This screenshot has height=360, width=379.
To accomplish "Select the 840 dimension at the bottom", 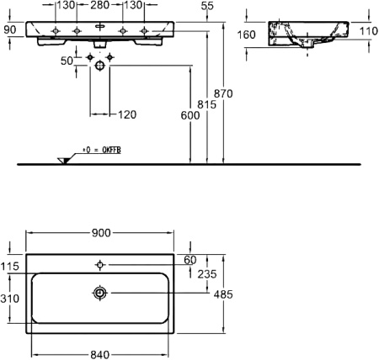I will [x=101, y=354].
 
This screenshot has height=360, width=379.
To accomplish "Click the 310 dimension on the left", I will [x=10, y=298].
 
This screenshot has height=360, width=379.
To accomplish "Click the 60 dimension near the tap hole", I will [x=189, y=259].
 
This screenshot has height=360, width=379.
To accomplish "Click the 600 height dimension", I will [x=189, y=116].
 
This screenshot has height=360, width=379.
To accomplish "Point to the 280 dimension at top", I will [x=99, y=6].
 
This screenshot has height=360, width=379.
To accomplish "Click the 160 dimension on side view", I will [x=248, y=35].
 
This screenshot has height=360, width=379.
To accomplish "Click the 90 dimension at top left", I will [x=10, y=30].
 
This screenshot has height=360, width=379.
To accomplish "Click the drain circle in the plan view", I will [x=99, y=293].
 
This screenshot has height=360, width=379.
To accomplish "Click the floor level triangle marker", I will [x=63, y=160].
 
